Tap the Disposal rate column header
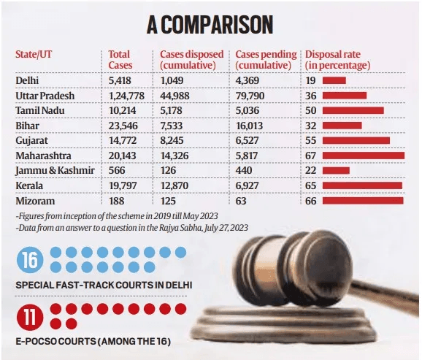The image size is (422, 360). [x=337, y=60]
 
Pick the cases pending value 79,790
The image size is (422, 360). [x=252, y=95]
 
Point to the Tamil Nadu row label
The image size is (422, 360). [x=40, y=110]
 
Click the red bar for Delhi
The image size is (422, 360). [x=334, y=80]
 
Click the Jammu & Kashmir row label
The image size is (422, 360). [x=52, y=171]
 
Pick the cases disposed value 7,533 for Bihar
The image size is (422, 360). [x=175, y=126]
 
